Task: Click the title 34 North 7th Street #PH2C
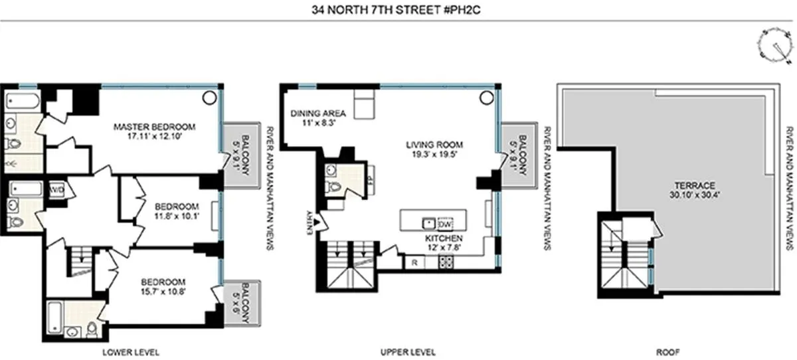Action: [398, 9]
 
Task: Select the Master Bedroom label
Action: [153, 127]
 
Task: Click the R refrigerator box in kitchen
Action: [414, 262]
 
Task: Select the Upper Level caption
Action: [408, 351]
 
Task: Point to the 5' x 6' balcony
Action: [240, 303]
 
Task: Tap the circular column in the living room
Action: [485, 98]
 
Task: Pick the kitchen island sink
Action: [428, 221]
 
